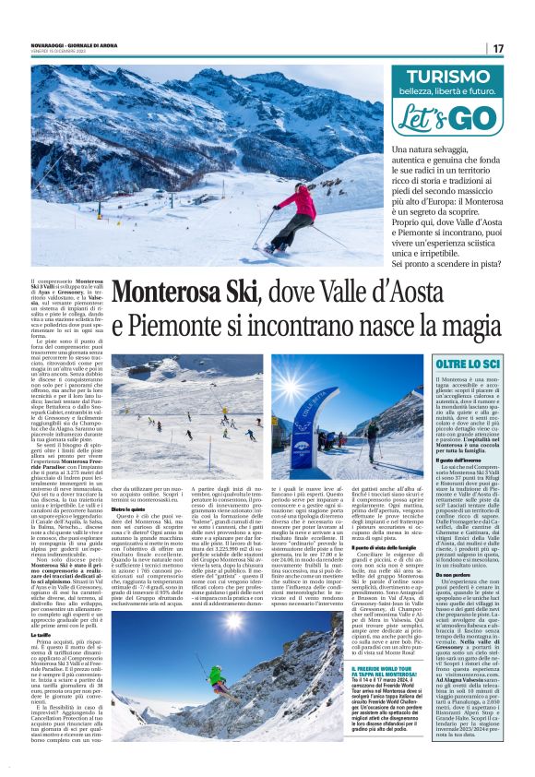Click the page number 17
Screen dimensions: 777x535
(x=499, y=48)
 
